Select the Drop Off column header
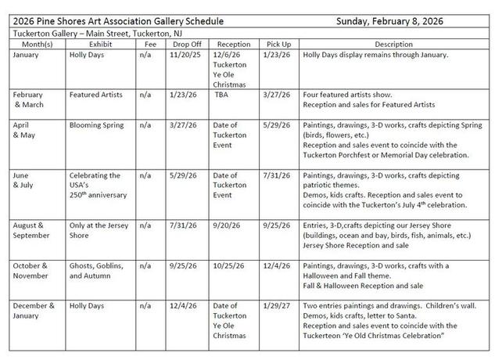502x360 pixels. (x=185, y=45)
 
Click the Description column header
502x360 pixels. (x=398, y=45)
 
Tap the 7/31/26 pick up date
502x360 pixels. (x=273, y=175)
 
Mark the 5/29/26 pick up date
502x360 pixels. (x=273, y=125)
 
